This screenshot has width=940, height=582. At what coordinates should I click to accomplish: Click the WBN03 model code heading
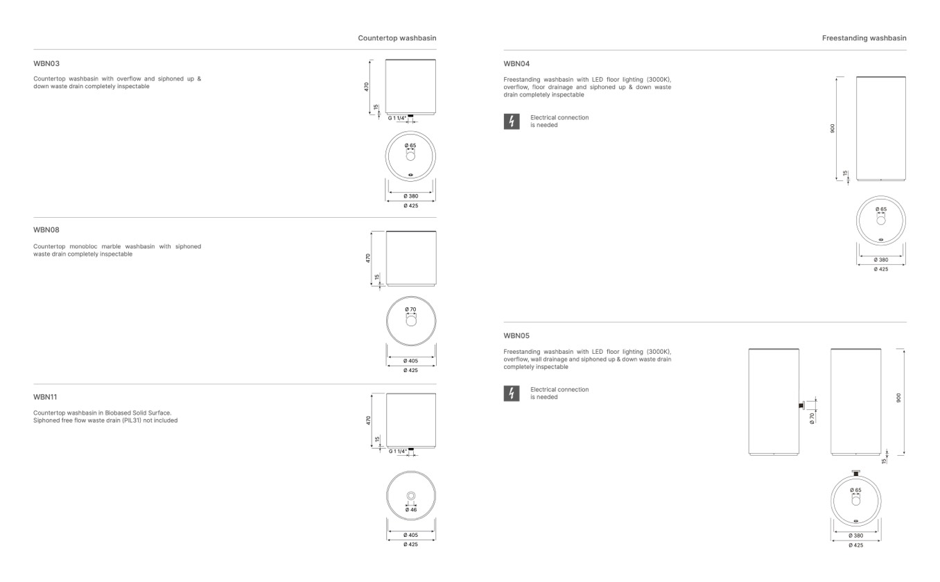click(46, 64)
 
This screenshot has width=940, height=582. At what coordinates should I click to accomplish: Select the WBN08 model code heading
click(46, 230)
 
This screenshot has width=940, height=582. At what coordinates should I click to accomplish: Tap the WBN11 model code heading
click(45, 397)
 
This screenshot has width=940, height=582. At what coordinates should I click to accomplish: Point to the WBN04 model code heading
click(516, 64)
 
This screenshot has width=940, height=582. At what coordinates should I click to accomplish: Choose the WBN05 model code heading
click(516, 336)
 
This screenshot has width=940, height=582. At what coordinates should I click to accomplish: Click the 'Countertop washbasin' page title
click(397, 38)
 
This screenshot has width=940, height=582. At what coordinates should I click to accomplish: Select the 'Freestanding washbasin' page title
click(864, 38)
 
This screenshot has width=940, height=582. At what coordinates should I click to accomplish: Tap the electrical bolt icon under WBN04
click(512, 121)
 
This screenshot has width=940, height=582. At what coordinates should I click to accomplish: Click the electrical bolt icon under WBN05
click(512, 393)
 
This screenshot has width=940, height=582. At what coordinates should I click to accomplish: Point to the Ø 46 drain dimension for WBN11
click(411, 510)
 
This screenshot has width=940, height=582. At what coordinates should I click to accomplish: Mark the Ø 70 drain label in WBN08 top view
click(410, 309)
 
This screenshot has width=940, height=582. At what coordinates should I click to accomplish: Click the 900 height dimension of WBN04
click(833, 128)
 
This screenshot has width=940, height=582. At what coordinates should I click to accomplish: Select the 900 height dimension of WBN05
click(898, 397)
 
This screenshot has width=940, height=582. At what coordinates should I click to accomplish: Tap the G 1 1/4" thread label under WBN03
click(397, 119)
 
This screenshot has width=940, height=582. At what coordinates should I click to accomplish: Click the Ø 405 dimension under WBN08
click(410, 361)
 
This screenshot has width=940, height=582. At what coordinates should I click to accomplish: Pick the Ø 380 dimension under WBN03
click(411, 196)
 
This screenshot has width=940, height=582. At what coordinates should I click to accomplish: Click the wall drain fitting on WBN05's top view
click(856, 473)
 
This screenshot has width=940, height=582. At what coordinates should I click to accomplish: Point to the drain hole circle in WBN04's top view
click(881, 221)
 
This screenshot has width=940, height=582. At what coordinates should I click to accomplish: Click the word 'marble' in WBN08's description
click(111, 246)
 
